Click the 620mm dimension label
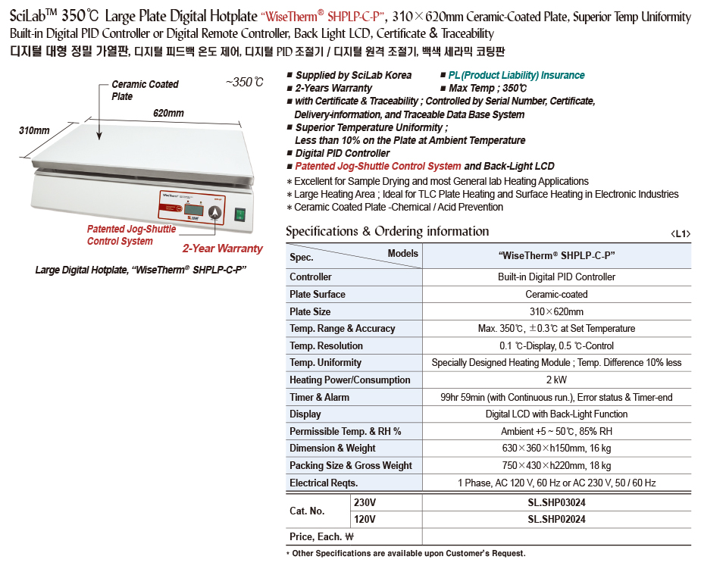[x=168, y=114]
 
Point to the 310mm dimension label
[x=34, y=131]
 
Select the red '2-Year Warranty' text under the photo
[x=222, y=248]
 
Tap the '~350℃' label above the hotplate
[x=244, y=83]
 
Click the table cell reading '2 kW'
[x=556, y=380]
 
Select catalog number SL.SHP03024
[x=556, y=502]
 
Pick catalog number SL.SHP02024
[x=556, y=520]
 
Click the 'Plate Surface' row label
[x=318, y=294]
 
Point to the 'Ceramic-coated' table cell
[x=556, y=294]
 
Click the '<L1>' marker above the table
[x=681, y=234]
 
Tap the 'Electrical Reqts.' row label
[x=324, y=483]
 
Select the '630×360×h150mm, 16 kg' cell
[x=556, y=448]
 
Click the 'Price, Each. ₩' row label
[x=323, y=536]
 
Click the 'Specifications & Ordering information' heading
[x=387, y=232]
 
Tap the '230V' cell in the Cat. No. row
[x=365, y=502]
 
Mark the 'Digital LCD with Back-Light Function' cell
[x=556, y=414]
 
